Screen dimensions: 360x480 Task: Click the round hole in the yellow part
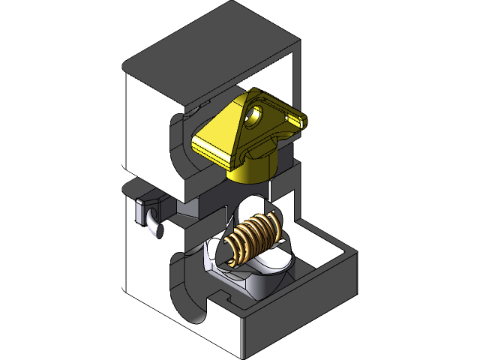tap(254, 115)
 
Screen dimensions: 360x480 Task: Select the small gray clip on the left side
tap(143, 211)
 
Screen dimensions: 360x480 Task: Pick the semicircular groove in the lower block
tap(187, 289)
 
